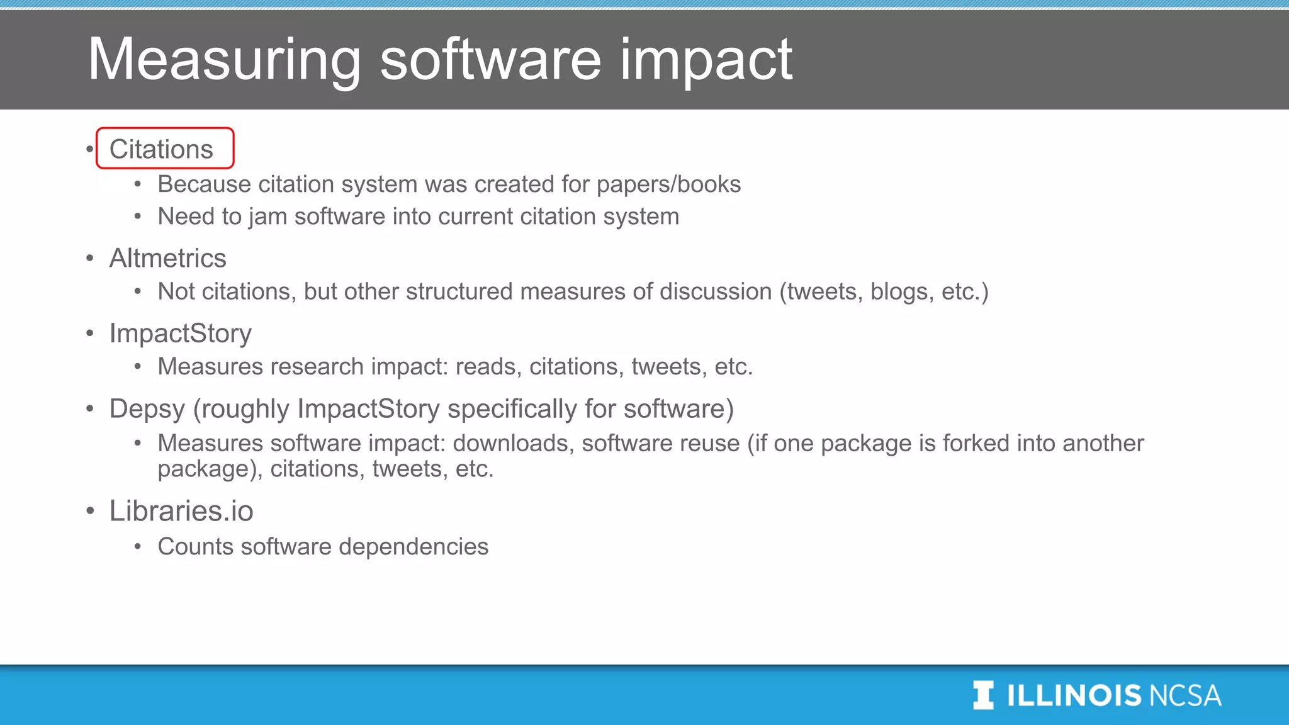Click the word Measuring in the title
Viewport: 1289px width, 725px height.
click(x=224, y=60)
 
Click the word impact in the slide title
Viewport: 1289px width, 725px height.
click(x=706, y=60)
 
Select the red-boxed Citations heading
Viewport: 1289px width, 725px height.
click(x=162, y=149)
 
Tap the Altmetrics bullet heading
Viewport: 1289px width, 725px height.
click(x=167, y=258)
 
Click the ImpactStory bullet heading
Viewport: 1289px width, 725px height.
click(x=180, y=333)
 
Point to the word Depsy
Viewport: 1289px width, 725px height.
click(x=147, y=409)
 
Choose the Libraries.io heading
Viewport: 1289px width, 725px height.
click(x=181, y=510)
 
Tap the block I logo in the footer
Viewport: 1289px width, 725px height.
click(x=983, y=695)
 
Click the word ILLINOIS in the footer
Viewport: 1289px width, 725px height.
click(x=1074, y=695)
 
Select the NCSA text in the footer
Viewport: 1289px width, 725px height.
click(x=1185, y=695)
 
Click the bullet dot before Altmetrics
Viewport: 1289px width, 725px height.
click(x=90, y=258)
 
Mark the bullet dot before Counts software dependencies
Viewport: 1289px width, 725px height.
click(x=138, y=547)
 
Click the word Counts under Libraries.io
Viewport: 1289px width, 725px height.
click(x=195, y=546)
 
